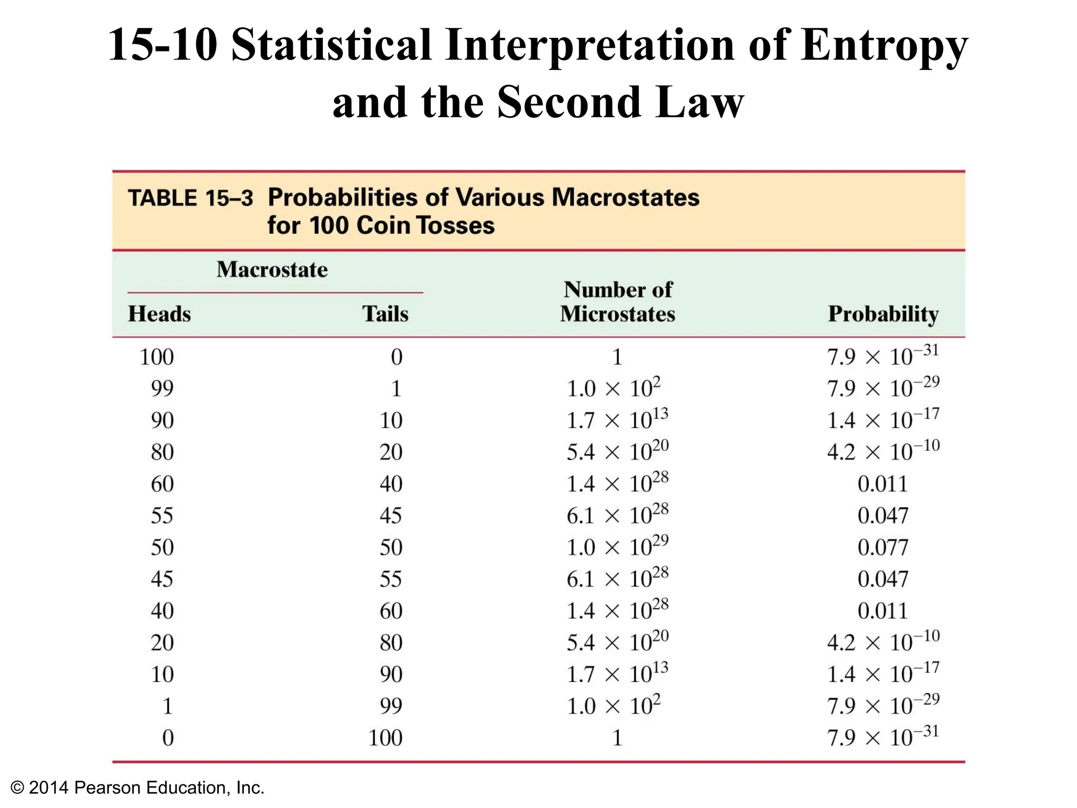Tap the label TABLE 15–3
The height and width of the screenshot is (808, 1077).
click(190, 198)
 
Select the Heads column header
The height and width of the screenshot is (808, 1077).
click(159, 314)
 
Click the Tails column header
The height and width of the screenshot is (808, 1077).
click(385, 314)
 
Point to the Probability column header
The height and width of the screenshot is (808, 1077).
click(883, 314)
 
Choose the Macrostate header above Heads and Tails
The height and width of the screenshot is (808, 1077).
click(272, 270)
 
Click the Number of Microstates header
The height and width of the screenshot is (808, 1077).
click(617, 302)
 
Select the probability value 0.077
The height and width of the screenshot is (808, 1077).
click(882, 548)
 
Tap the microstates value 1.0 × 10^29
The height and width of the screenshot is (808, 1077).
click(617, 547)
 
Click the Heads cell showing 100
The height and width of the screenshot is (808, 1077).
click(157, 357)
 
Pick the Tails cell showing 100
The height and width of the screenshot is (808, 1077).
click(385, 738)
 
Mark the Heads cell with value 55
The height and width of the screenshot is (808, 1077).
click(162, 516)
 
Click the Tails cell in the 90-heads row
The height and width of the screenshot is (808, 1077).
click(391, 420)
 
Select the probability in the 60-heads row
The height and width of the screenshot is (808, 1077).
click(882, 484)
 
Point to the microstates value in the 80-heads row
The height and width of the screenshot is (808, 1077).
click(617, 451)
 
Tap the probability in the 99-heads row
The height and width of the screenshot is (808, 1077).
click(882, 388)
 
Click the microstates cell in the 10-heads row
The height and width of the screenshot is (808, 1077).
click(617, 673)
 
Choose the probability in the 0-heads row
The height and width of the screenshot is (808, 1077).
click(882, 737)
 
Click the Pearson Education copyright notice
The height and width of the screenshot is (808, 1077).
click(138, 787)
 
